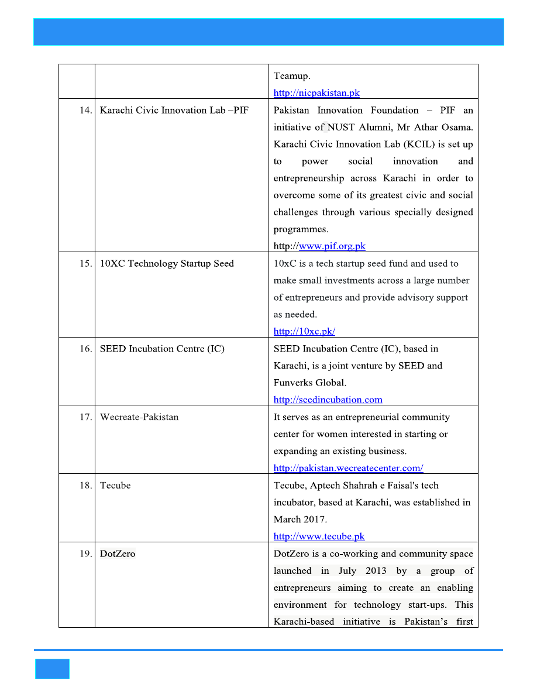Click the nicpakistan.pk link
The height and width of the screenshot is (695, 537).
[x=316, y=93]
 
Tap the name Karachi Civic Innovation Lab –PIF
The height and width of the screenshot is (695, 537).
[x=174, y=111]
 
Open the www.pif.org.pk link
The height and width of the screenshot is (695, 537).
[x=332, y=246]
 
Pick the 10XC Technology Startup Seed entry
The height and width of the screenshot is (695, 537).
[x=167, y=264]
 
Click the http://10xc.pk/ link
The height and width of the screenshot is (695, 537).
[x=304, y=332]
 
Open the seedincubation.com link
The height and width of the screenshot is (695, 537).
[x=328, y=400]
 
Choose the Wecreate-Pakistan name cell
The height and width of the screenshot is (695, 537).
[x=139, y=418]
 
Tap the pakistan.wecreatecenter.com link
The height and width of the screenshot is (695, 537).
[x=349, y=468]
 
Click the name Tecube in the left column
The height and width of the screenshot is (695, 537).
[x=115, y=486]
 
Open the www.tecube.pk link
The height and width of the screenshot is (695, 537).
[x=319, y=536]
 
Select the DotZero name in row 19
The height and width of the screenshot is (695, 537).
[x=118, y=554]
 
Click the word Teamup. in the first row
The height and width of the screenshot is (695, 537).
[x=292, y=76]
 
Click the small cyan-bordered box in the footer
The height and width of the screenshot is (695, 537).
[x=52, y=669]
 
